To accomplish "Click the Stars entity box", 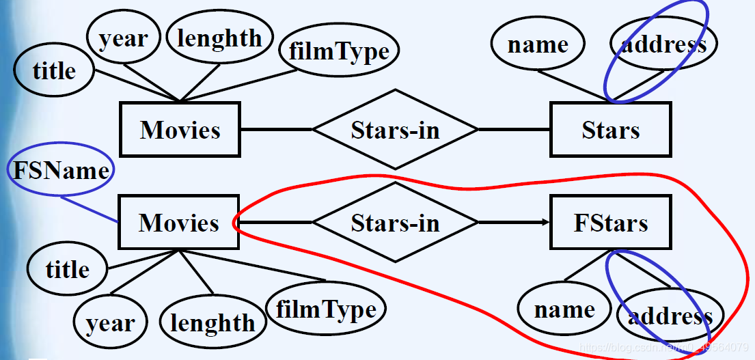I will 610,129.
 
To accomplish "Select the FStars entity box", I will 610,223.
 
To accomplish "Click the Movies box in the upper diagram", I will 180,129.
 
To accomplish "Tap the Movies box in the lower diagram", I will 179,222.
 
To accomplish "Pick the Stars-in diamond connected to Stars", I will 395,129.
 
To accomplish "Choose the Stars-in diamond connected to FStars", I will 395,223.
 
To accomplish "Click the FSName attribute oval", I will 61,170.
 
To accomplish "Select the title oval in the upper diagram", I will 54,70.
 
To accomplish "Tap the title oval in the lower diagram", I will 67,269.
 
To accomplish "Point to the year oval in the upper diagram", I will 124,39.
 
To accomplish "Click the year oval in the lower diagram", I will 110,323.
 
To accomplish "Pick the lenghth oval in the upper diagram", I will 219,38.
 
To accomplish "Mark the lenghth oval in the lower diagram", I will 212,322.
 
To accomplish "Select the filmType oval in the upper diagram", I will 339,51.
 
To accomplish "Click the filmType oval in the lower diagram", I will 326,309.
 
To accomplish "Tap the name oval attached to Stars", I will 538,45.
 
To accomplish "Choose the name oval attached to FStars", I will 564,309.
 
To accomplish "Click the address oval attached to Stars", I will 663,45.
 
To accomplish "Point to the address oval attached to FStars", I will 670,316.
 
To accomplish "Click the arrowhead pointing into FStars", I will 546,223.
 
